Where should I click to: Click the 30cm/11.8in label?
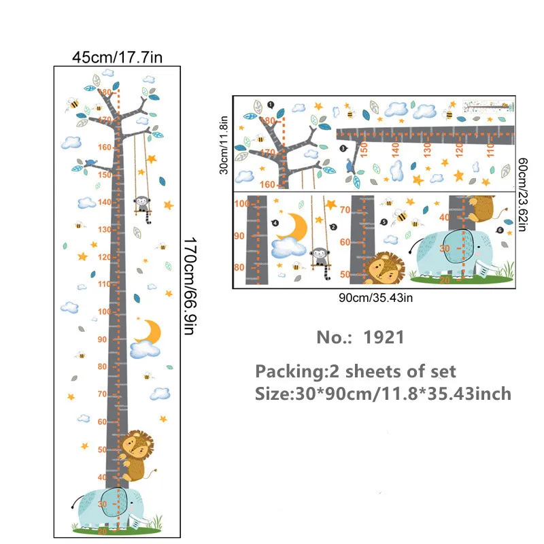[x=222, y=144]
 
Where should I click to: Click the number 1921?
[x=384, y=337]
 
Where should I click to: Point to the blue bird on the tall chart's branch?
[x=90, y=163]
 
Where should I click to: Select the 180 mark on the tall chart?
[x=105, y=92]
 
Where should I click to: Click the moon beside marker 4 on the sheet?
[x=294, y=227]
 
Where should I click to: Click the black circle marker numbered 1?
[x=271, y=105]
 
